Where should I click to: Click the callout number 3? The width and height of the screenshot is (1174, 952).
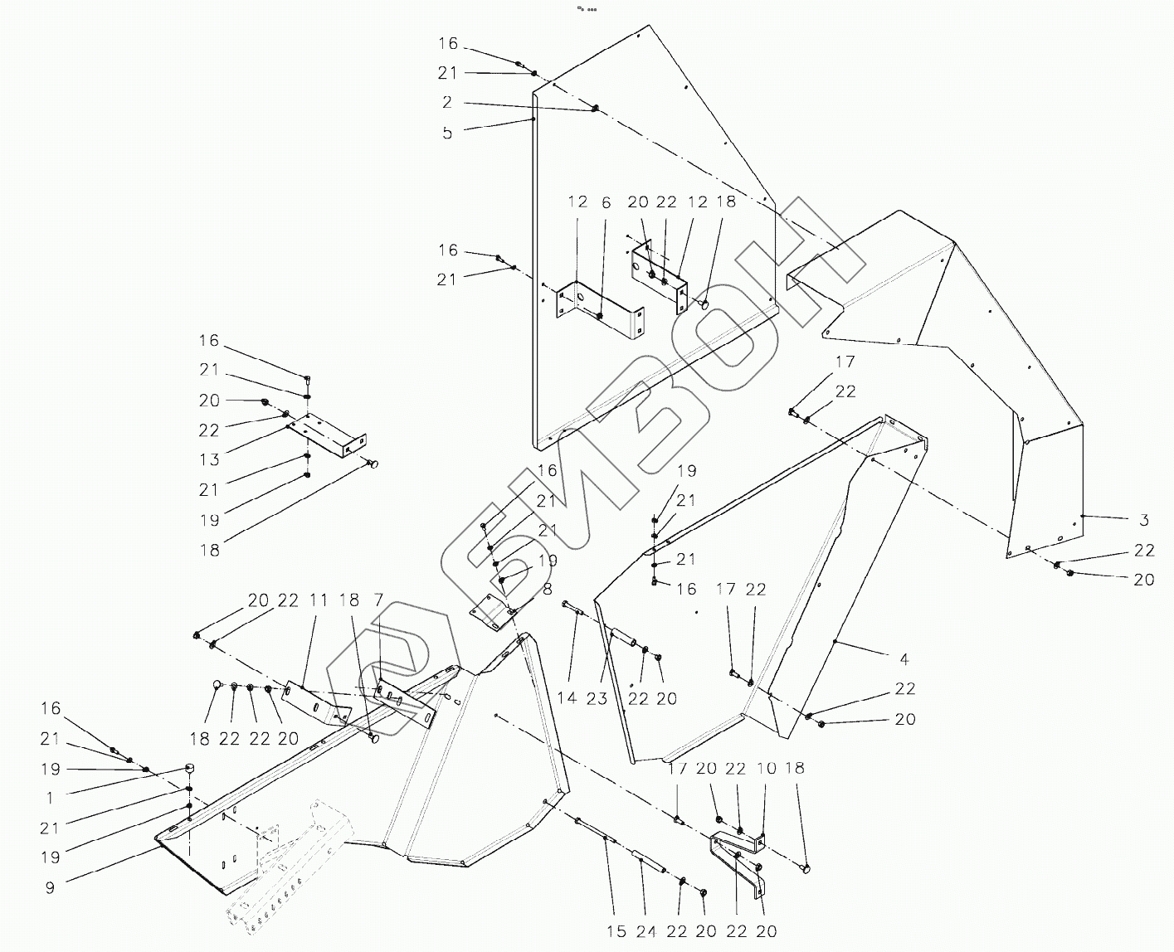tap(1144, 521)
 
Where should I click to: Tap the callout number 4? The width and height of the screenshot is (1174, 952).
tap(904, 659)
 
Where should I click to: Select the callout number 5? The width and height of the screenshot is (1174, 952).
tap(448, 133)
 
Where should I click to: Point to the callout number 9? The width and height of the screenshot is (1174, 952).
tap(50, 887)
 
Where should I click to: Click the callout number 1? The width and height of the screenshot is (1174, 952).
tap(50, 798)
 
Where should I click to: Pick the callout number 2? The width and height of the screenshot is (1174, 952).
tap(448, 103)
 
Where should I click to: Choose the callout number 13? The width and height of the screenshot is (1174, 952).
tap(209, 460)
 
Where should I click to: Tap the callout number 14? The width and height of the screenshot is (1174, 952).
tap(567, 698)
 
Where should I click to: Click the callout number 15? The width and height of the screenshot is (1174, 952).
tap(616, 932)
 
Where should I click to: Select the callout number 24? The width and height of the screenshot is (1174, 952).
tap(646, 932)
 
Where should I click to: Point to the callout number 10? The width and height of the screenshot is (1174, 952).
tap(767, 769)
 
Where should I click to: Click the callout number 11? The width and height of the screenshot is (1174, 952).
tap(319, 600)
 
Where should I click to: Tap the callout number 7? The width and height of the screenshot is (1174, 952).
tap(378, 600)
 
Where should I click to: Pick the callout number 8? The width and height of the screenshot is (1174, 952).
tap(547, 590)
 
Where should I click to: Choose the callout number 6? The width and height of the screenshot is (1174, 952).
tap(606, 202)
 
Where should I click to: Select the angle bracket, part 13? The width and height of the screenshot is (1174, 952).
tap(328, 437)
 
